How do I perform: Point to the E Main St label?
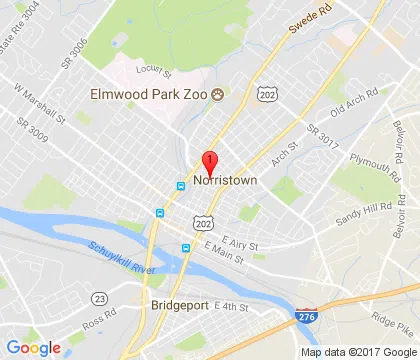[x=224, y=262]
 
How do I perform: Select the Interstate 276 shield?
[x=305, y=316]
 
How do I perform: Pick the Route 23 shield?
[x=98, y=298]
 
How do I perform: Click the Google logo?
[x=33, y=347]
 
